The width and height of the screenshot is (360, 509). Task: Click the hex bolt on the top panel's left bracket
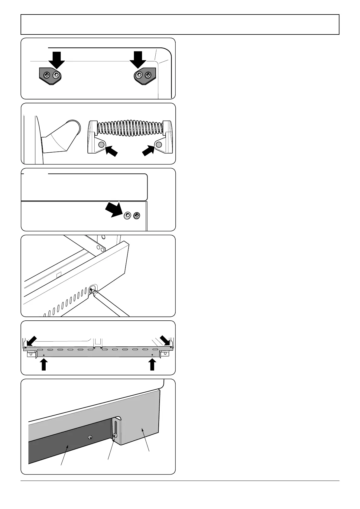56,75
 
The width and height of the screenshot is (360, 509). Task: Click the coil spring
130,127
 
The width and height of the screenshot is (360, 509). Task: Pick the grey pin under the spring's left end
101,145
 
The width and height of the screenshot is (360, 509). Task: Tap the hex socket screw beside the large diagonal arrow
128,215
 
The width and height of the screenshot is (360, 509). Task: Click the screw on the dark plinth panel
90,437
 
